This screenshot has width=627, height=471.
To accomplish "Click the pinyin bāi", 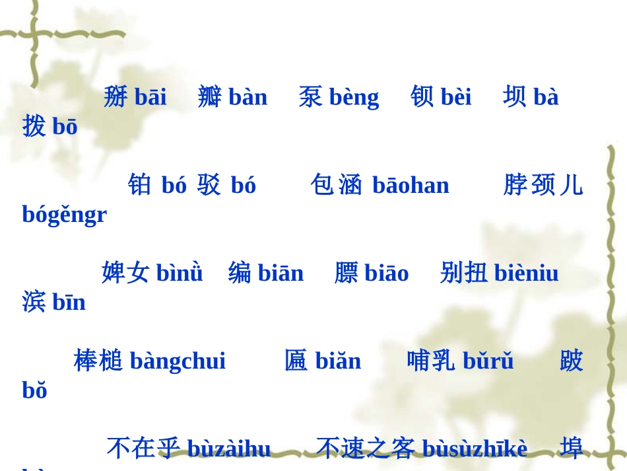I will click(150, 97).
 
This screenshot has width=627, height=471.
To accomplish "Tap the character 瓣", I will click(210, 97).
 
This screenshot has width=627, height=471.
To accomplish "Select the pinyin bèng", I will click(354, 97).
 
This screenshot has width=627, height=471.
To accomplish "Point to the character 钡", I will click(422, 97).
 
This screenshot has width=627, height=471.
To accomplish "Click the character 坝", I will click(515, 97).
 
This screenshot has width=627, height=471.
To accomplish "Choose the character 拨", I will click(34, 126).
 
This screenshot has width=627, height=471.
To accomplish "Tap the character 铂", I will click(140, 185).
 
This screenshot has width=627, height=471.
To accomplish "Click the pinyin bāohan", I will click(411, 185).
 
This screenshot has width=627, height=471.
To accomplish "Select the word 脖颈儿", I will click(543, 185).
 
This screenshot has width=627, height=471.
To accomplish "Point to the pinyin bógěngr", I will click(64, 215).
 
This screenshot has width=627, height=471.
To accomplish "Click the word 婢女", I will click(125, 273).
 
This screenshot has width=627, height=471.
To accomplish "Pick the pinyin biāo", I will click(386, 273).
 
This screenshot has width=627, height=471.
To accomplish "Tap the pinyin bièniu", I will click(526, 273).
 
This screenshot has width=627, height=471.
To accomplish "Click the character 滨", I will click(34, 302).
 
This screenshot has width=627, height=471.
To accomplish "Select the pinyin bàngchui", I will click(178, 361).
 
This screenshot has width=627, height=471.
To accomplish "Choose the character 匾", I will click(296, 361).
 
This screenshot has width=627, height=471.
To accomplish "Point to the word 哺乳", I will click(431, 361).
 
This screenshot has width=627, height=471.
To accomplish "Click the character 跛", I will click(572, 361).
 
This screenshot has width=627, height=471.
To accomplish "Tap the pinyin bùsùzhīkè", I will click(475, 449).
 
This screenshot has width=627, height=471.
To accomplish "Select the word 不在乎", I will click(143, 449).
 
